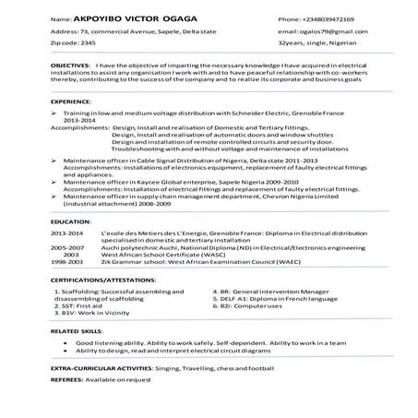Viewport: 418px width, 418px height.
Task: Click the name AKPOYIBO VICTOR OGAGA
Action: (x=123, y=18)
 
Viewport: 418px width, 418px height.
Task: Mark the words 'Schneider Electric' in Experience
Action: (x=232, y=113)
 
